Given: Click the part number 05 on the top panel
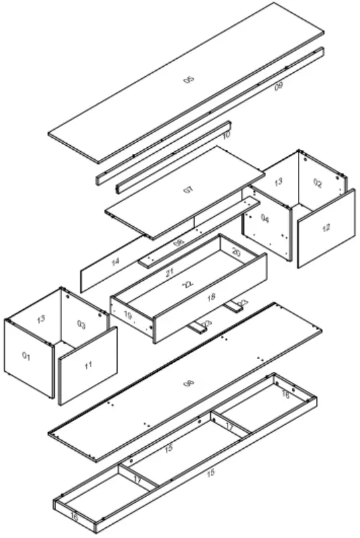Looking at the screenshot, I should tap(189, 80).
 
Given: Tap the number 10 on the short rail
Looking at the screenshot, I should tap(226, 136).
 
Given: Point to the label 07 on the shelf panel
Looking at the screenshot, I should tap(187, 191).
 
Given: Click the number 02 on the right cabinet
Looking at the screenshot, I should tap(317, 182).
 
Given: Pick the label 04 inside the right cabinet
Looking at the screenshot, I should tap(265, 219).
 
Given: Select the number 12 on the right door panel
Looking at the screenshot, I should tap(326, 228).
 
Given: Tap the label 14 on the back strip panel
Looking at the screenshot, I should tap(115, 261).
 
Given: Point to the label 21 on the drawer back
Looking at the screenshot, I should tap(170, 273).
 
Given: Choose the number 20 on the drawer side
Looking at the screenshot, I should tap(236, 252).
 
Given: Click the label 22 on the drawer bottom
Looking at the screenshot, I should tap(188, 286).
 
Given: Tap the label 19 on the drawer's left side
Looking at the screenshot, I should tap(128, 315).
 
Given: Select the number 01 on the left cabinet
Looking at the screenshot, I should tap(26, 356).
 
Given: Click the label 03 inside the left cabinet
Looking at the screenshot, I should tap(82, 325).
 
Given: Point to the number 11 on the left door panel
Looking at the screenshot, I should tap(88, 365).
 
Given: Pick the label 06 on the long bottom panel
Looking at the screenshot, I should tap(190, 384).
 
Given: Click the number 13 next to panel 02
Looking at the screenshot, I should tap(278, 182).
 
